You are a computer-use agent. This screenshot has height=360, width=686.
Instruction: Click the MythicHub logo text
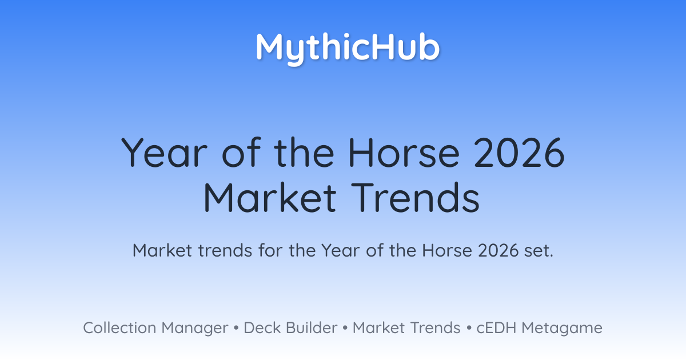tap(348, 49)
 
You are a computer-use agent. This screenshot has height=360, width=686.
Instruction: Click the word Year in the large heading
tap(165, 153)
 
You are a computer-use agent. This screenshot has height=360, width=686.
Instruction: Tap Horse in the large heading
tap(404, 153)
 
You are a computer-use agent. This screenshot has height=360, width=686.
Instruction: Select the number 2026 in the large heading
tap(520, 153)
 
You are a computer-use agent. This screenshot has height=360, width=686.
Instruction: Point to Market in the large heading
tap(270, 198)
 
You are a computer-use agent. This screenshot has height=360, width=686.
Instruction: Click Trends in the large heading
tap(415, 198)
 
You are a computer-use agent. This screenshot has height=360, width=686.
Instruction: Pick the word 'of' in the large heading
tap(242, 153)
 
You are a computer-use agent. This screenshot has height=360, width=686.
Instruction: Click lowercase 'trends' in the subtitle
tap(225, 250)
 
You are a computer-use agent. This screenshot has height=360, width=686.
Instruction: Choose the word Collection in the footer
tap(119, 328)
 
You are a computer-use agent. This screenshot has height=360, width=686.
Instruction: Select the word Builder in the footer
tap(312, 328)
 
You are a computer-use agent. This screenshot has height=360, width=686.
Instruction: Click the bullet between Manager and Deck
tap(236, 328)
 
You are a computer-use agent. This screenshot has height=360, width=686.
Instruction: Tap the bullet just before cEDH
tap(469, 328)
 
